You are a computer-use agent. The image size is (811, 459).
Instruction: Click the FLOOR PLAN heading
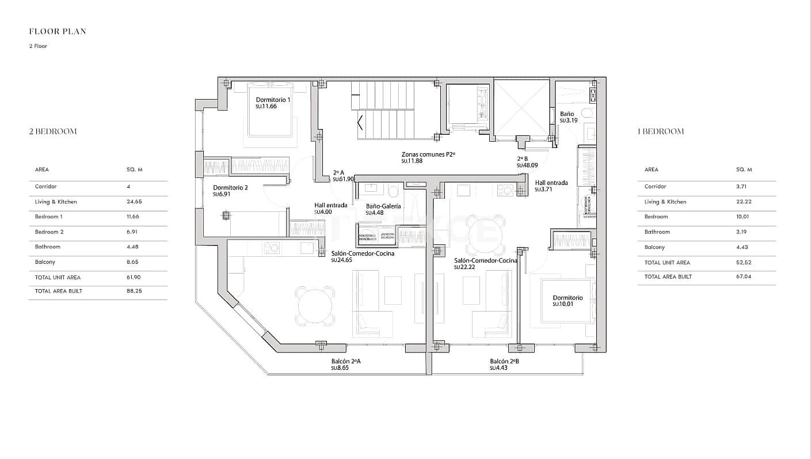[x=58, y=32]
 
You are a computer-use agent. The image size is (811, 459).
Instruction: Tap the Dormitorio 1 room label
[x=273, y=100]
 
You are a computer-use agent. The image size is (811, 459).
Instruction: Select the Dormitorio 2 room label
[x=230, y=188]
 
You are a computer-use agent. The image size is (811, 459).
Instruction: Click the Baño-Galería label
[x=383, y=206]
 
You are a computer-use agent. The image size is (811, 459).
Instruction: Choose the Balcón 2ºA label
[x=345, y=361]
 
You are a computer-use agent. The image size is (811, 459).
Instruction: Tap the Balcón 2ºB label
[x=504, y=361]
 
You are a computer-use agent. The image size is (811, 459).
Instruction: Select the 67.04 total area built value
[x=744, y=276]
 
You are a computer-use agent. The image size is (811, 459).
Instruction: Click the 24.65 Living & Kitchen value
[x=134, y=202]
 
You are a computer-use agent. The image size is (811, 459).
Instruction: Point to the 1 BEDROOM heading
[x=661, y=131]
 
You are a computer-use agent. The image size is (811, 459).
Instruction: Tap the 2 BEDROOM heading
[x=53, y=131]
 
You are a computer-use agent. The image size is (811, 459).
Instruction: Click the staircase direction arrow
[x=360, y=123]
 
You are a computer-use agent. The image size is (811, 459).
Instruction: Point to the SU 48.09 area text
[x=527, y=165]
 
